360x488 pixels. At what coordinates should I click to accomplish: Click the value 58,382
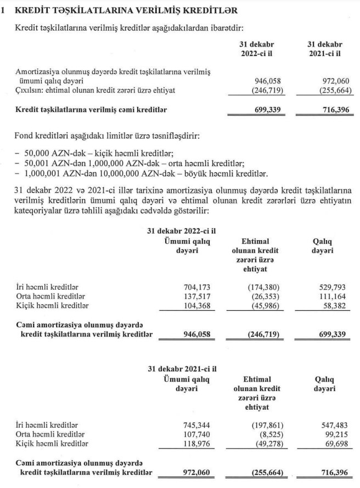(332, 305)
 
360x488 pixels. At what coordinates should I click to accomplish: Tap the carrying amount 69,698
(332, 444)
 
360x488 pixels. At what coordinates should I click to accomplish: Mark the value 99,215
(332, 434)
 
